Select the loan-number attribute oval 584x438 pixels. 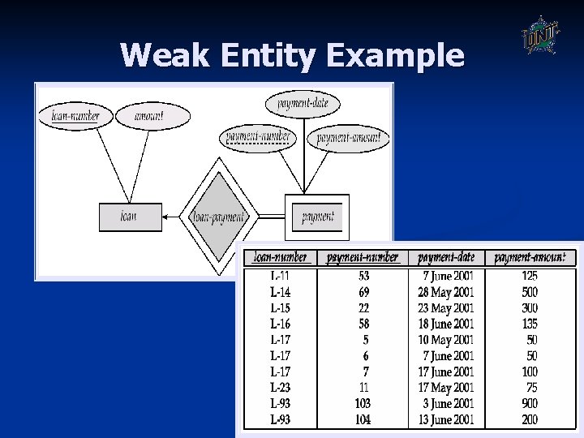(x=75, y=116)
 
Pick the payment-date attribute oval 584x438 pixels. (x=303, y=104)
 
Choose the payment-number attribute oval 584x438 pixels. (x=258, y=137)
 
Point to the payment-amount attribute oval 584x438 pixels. (x=348, y=138)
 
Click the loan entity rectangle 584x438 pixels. (x=129, y=217)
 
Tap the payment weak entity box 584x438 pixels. (x=317, y=217)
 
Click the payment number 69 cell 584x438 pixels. (x=363, y=292)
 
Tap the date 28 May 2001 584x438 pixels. (x=446, y=292)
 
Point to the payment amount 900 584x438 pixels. (x=529, y=404)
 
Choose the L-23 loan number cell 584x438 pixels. (x=280, y=388)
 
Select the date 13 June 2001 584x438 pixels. (x=446, y=419)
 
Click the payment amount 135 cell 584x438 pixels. (x=529, y=324)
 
